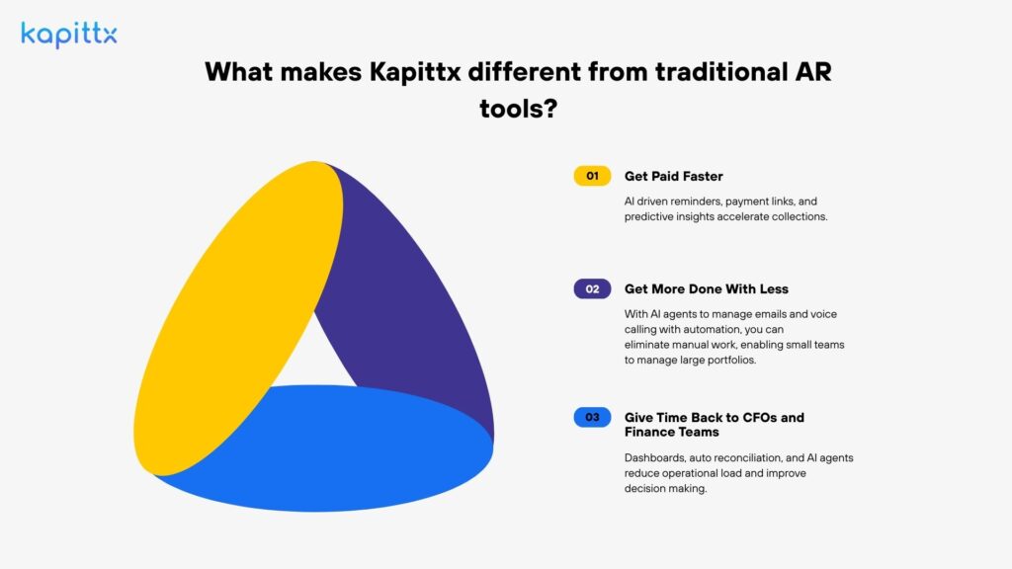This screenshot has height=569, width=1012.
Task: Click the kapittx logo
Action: pos(68,35)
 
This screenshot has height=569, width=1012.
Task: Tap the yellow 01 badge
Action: pos(592,176)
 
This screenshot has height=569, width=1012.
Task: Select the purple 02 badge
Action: pos(592,289)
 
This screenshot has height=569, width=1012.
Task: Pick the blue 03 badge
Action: pos(592,417)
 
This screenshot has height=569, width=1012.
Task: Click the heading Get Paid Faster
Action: pos(673,176)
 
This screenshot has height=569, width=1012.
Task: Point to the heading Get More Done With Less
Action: pos(706,289)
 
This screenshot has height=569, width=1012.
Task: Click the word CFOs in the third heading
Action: pos(760,417)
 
